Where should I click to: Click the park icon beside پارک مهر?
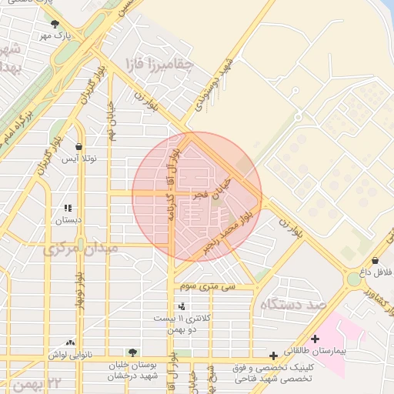point(54,24)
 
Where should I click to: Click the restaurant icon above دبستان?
point(68,207)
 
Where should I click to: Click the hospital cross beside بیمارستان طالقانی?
point(315,339)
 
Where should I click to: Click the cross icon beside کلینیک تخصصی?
point(274,356)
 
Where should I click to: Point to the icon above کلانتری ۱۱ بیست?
point(181,306)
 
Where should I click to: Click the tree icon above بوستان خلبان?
point(132,352)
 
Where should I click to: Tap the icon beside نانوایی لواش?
point(71,343)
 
